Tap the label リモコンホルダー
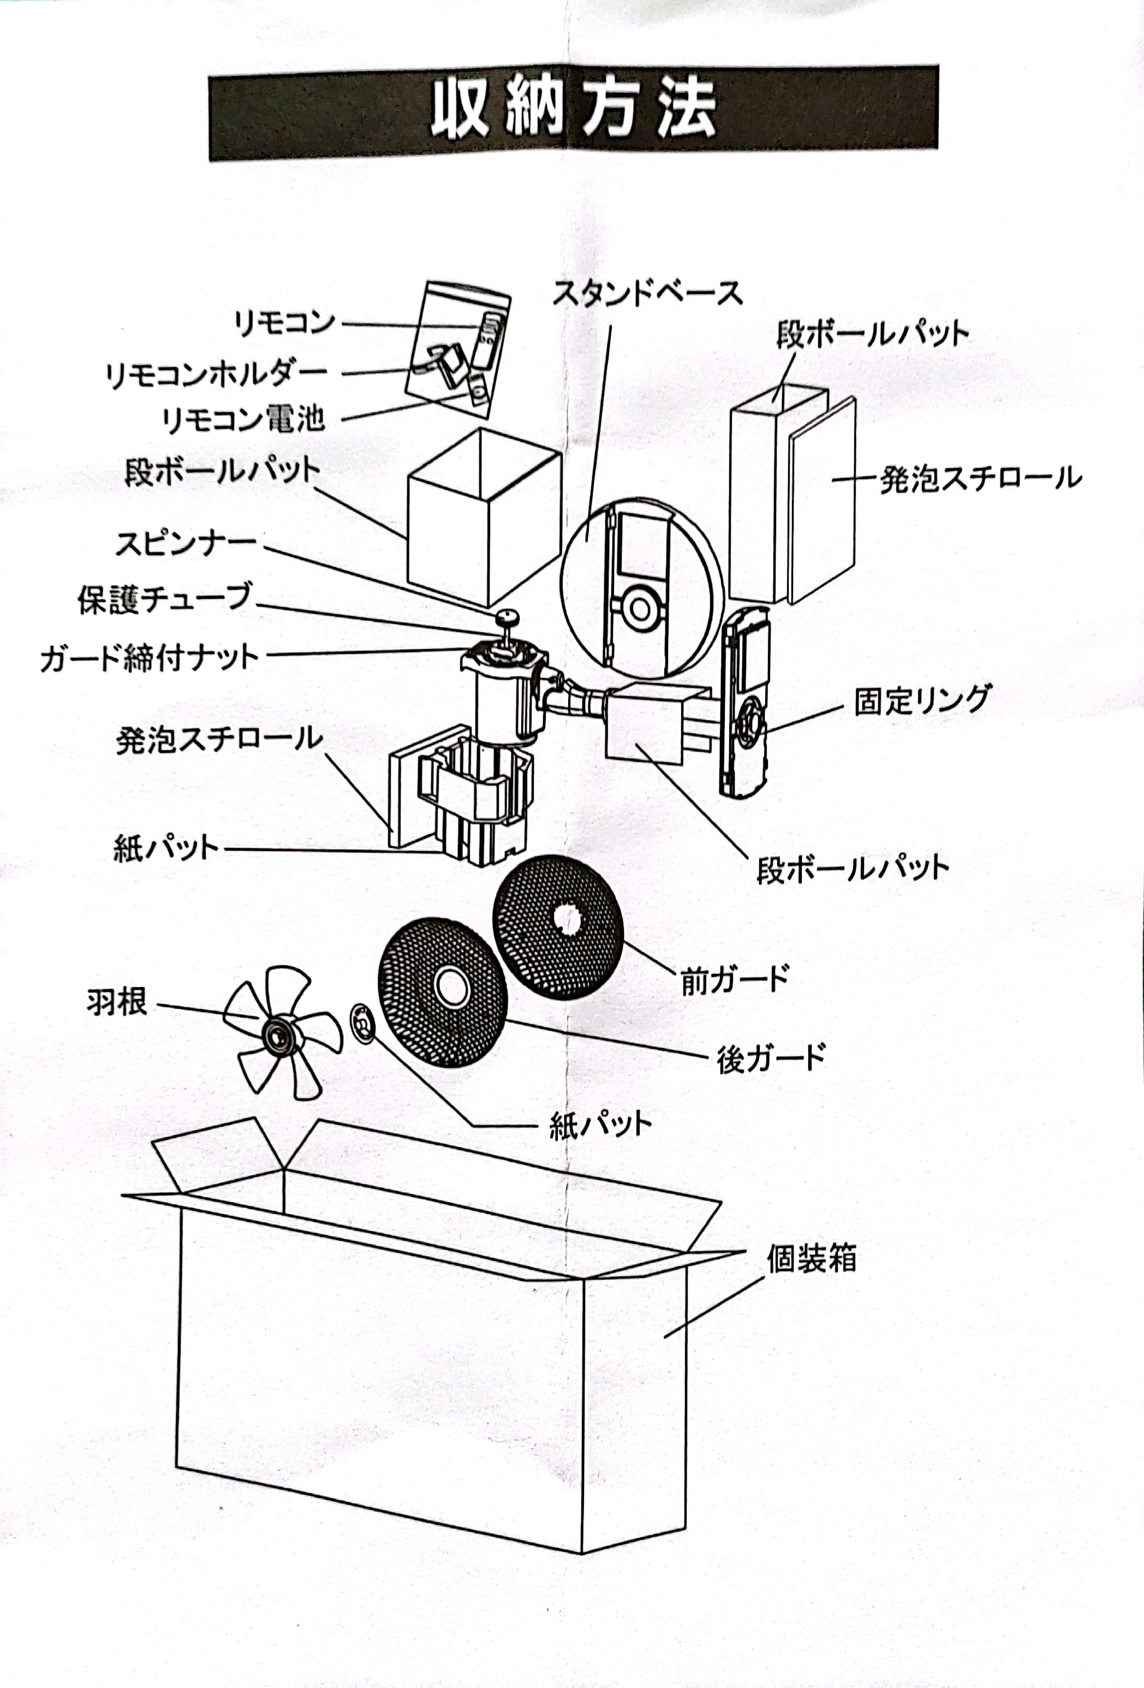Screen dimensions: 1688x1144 (216, 373)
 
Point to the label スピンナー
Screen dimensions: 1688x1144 (186, 544)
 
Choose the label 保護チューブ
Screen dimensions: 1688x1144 (165, 599)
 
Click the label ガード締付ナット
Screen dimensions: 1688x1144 (150, 658)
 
